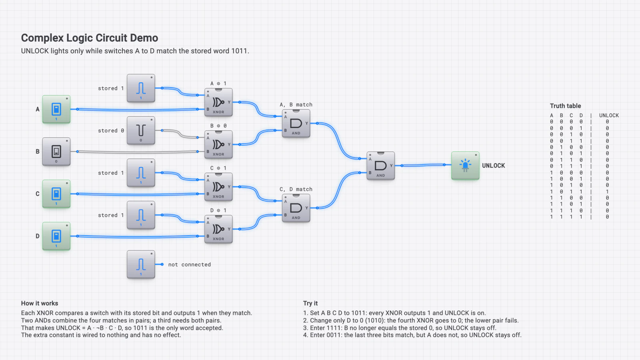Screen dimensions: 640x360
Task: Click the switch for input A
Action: point(56,110)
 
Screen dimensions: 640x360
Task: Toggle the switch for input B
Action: point(56,152)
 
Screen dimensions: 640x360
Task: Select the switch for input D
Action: point(56,236)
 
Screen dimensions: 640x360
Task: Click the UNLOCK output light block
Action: point(466,166)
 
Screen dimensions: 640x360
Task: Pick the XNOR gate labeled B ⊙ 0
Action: point(218,144)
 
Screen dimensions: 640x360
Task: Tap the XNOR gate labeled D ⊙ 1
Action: point(218,229)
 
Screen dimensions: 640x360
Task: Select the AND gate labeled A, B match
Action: point(296,124)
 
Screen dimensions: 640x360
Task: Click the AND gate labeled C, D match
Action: point(296,208)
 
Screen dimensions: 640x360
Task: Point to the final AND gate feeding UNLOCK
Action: point(381,166)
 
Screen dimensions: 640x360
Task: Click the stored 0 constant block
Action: point(141,130)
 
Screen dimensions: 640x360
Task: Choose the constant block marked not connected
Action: point(141,264)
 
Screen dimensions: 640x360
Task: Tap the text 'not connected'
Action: point(190,264)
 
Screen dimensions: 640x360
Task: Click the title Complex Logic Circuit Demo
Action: point(90,38)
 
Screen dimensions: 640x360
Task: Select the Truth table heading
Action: point(566,106)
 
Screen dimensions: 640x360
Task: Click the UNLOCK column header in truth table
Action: point(609,116)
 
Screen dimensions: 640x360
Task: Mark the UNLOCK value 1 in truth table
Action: point(607,192)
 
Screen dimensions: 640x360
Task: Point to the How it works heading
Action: point(40,304)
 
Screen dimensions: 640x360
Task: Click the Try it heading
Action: point(310,304)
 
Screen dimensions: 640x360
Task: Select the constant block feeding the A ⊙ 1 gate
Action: point(141,88)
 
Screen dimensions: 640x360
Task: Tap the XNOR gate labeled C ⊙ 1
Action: point(218,187)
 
